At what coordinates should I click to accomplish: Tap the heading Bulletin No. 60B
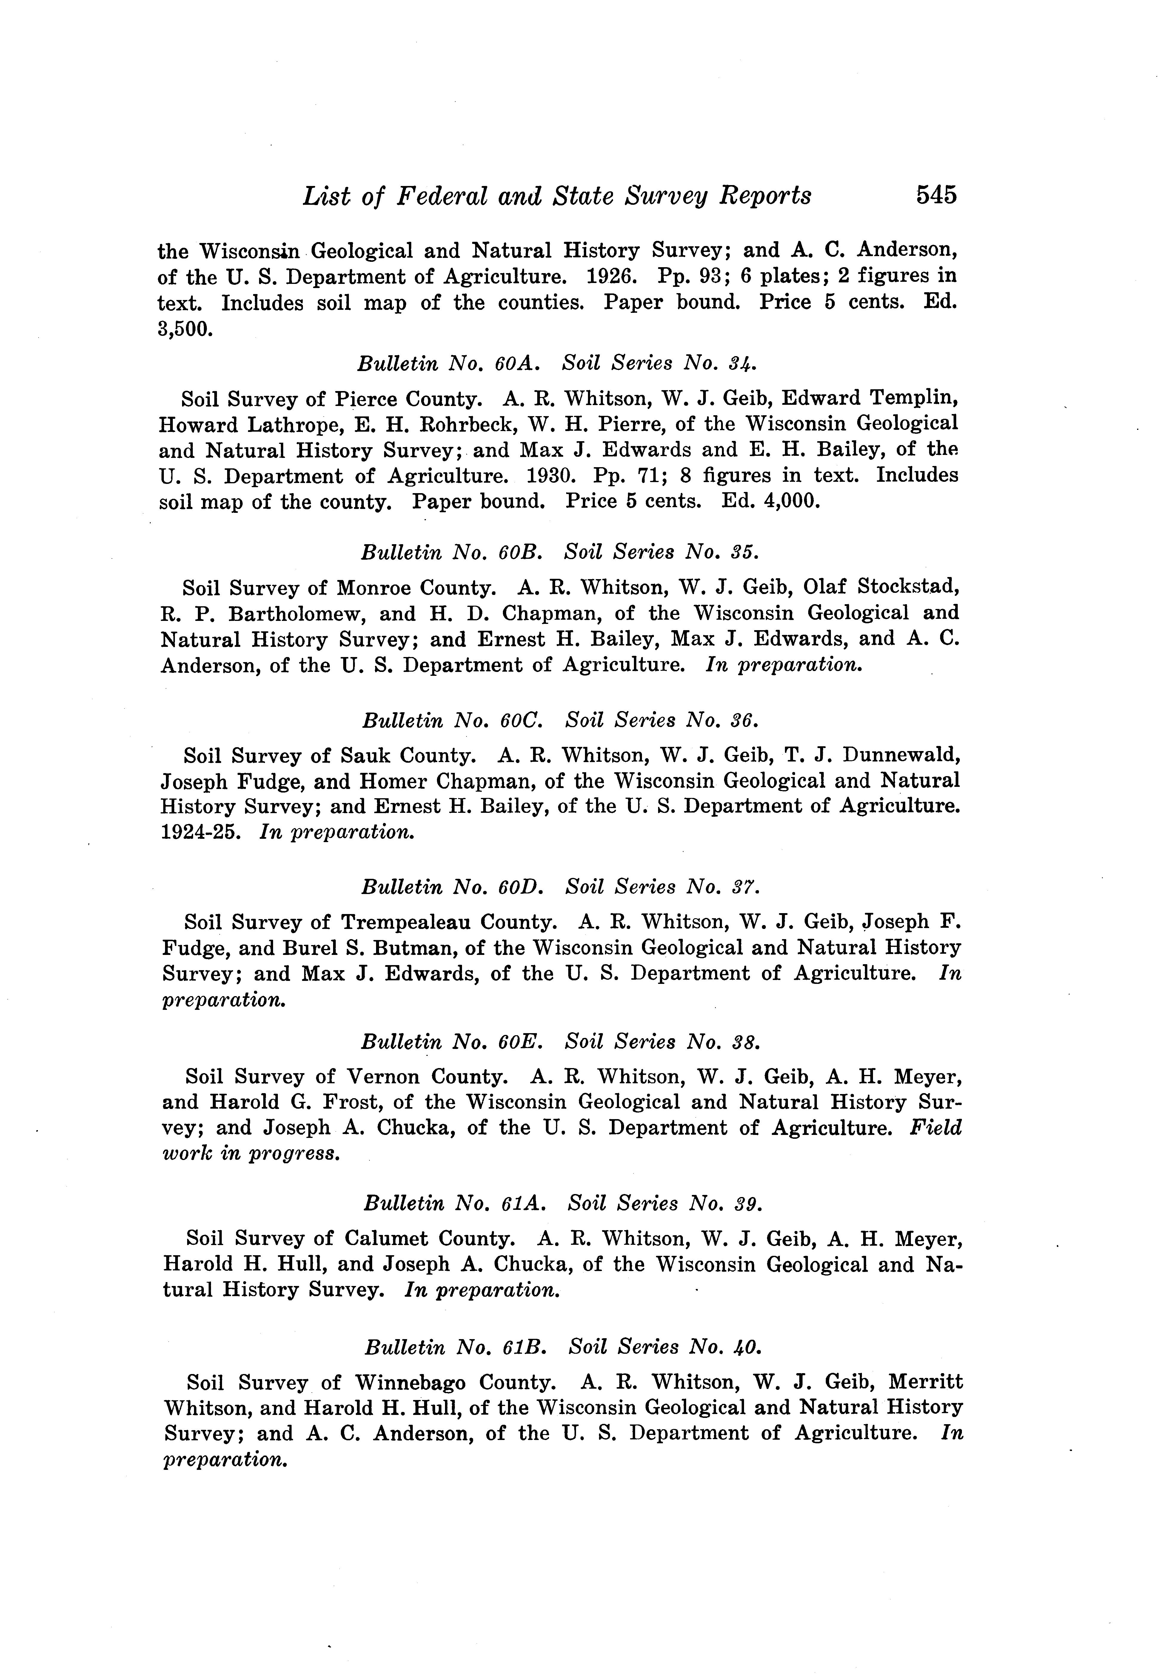tap(451, 552)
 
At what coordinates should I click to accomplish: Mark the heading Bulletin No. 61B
tap(455, 1348)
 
